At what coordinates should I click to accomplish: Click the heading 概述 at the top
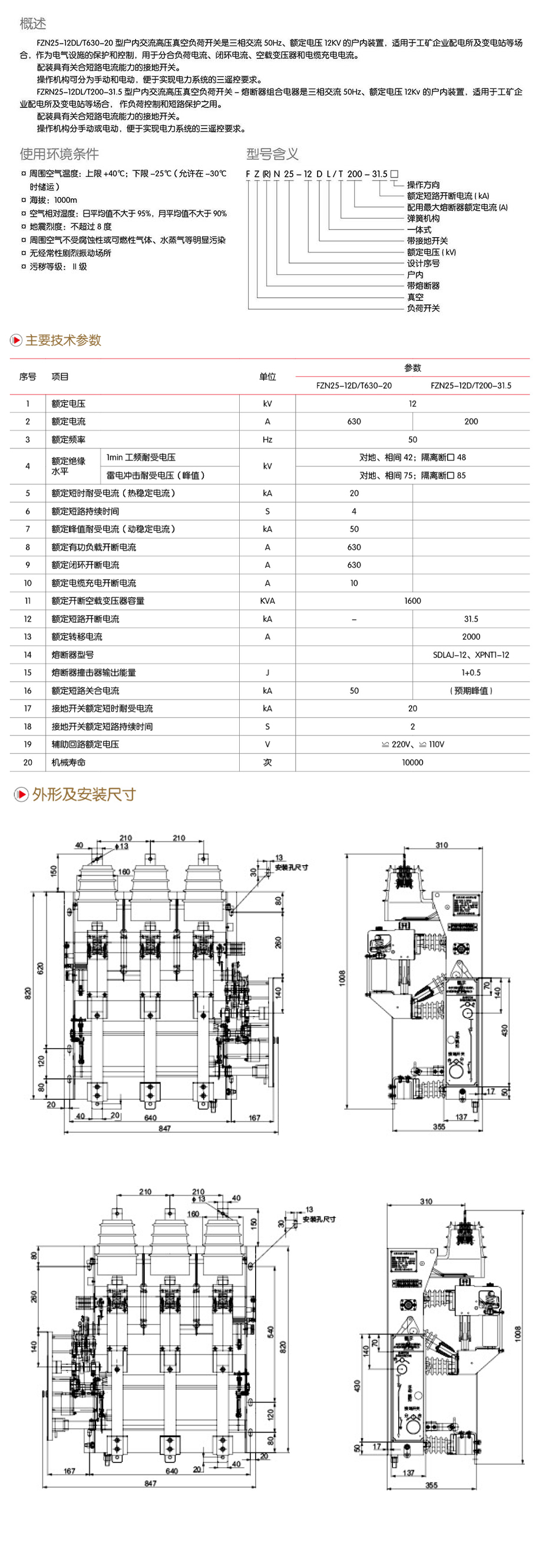32,24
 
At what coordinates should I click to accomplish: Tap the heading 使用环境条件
59,153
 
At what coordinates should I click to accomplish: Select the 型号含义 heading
273,153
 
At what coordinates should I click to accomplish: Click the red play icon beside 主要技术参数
16,340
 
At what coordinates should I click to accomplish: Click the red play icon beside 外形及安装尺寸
21,794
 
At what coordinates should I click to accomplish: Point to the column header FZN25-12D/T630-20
353,385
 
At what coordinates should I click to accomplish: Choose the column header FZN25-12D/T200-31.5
471,385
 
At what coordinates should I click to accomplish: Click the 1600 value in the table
412,601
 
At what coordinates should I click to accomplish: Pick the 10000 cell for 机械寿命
412,763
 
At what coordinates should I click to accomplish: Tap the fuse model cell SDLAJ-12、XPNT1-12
471,655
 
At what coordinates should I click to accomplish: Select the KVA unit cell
267,601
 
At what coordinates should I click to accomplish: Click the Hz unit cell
267,439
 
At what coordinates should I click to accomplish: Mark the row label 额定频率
68,439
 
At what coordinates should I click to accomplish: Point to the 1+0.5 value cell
471,672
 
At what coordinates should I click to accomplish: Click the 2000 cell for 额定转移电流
471,636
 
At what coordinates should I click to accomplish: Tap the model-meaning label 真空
415,297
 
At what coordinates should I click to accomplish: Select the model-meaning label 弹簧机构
423,219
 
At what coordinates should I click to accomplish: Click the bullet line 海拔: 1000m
54,200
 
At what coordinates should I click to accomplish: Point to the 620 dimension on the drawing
40,968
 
